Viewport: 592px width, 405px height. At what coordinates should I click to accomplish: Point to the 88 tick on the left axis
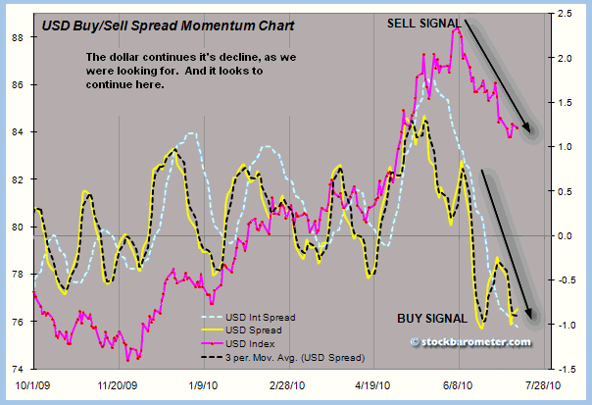point(17,37)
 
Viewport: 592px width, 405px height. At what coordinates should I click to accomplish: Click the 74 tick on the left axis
point(17,369)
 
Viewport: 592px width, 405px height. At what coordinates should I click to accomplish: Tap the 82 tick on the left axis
point(17,179)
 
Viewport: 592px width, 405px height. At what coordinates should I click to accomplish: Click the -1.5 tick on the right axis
point(567,369)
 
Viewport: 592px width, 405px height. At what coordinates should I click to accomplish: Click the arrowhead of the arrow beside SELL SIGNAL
point(530,130)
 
